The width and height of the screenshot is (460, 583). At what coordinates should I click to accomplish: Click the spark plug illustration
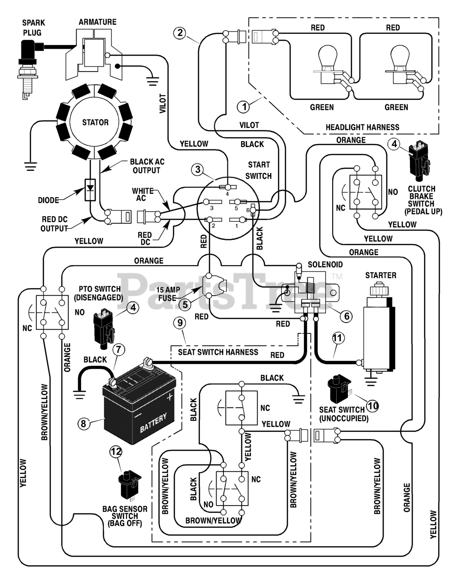pyautogui.click(x=28, y=69)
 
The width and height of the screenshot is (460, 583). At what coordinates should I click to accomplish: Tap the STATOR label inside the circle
pyautogui.click(x=95, y=123)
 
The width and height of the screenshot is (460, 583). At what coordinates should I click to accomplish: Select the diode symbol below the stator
pyautogui.click(x=90, y=189)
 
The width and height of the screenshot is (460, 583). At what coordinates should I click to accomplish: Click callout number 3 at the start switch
pyautogui.click(x=198, y=169)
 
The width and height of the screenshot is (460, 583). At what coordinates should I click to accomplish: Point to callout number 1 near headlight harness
pyautogui.click(x=244, y=107)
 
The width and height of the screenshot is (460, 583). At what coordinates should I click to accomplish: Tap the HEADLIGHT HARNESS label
pyautogui.click(x=362, y=128)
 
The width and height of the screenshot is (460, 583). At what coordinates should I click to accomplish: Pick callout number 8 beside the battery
pyautogui.click(x=83, y=423)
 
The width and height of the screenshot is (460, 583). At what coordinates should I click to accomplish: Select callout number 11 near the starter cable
pyautogui.click(x=337, y=338)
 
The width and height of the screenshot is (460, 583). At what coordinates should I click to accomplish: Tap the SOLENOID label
pyautogui.click(x=325, y=265)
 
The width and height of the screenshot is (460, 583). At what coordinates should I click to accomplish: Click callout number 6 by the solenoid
pyautogui.click(x=347, y=316)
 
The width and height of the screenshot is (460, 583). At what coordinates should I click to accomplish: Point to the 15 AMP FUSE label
pyautogui.click(x=168, y=294)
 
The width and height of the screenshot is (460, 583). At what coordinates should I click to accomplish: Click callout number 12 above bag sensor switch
pyautogui.click(x=116, y=452)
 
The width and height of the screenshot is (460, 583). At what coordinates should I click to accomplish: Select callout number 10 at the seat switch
pyautogui.click(x=373, y=405)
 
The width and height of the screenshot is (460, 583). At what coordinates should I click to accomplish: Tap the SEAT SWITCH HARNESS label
pyautogui.click(x=218, y=352)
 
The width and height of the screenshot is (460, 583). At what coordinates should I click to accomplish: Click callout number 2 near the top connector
pyautogui.click(x=180, y=33)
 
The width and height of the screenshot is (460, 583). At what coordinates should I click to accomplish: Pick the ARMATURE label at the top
pyautogui.click(x=98, y=22)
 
